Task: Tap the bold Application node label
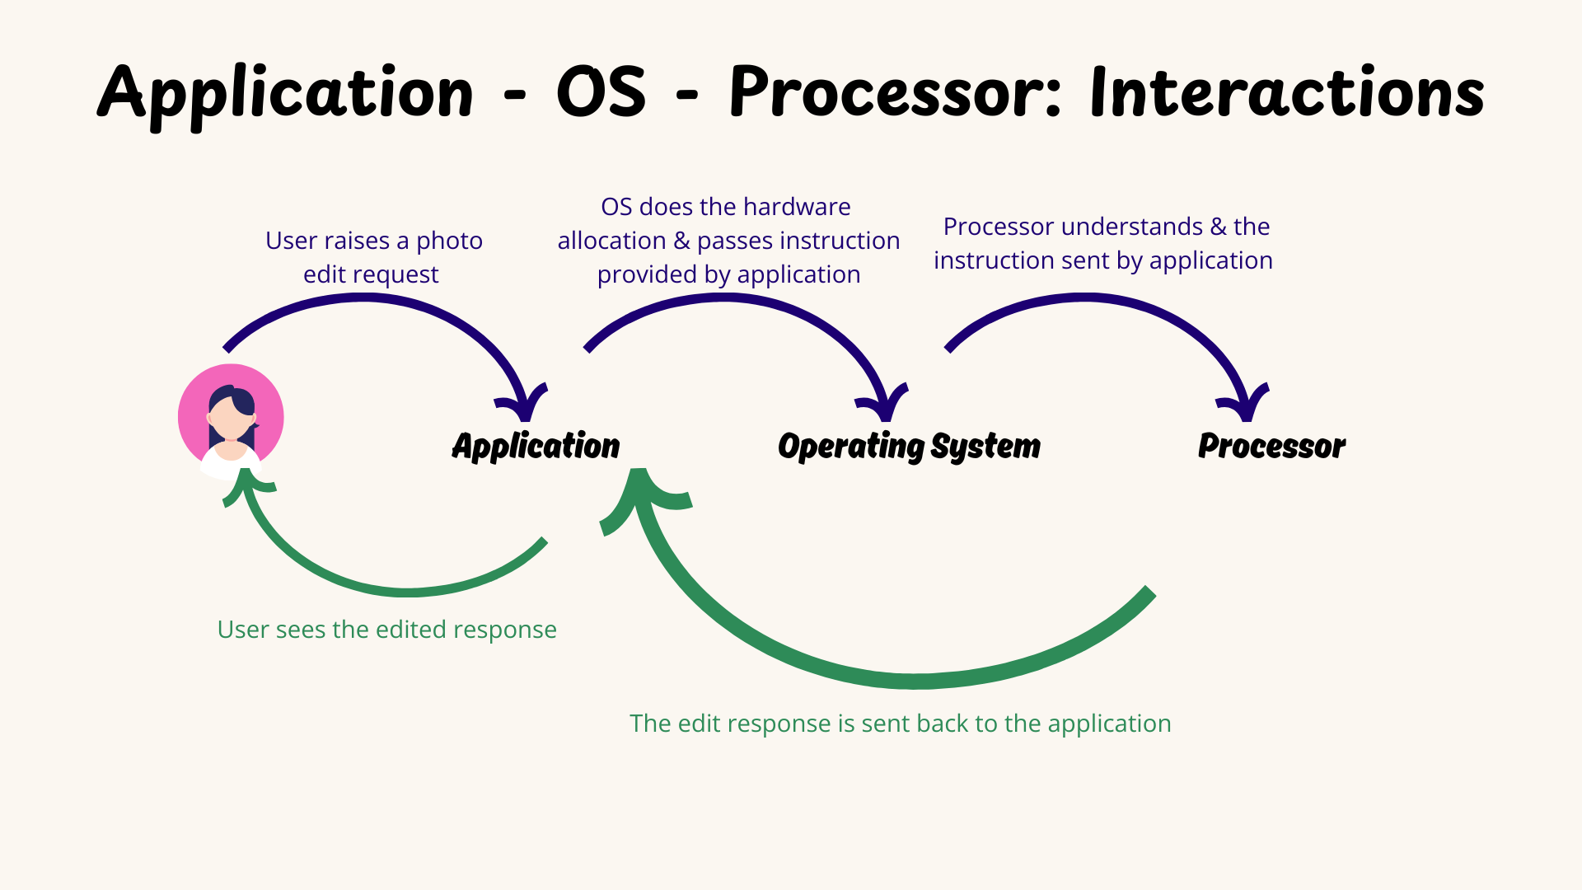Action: (536, 446)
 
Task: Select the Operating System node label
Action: (909, 446)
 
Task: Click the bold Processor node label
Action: (1271, 446)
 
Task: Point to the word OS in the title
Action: (601, 92)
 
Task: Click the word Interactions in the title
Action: (1286, 92)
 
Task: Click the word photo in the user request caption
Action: (449, 241)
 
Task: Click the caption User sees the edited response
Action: (386, 630)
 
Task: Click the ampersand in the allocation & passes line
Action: (681, 241)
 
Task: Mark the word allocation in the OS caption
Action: (611, 241)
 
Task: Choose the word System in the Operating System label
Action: (985, 446)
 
